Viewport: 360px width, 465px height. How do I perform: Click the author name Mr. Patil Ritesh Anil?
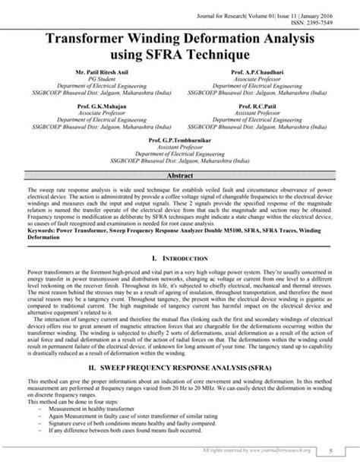coord(98,71)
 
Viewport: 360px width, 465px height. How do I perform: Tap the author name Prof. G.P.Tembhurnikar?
coord(180,141)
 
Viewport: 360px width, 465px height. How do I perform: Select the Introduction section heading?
coord(180,259)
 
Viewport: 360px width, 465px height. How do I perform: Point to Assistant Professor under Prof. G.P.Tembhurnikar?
coord(180,148)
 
